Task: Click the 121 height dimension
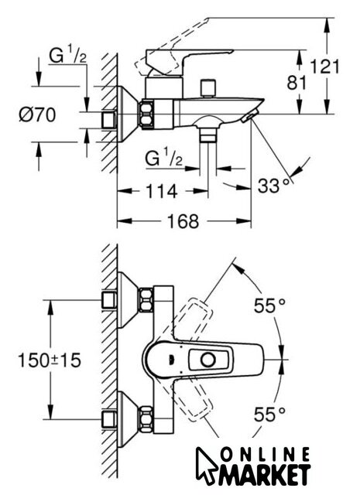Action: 324,67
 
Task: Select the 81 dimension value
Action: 297,83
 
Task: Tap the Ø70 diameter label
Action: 37,114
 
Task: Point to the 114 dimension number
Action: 161,191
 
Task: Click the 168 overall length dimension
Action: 183,221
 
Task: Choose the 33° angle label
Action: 274,186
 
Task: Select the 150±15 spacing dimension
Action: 50,360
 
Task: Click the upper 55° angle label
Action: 269,306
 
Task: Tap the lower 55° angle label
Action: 269,414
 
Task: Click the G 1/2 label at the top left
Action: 67,56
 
